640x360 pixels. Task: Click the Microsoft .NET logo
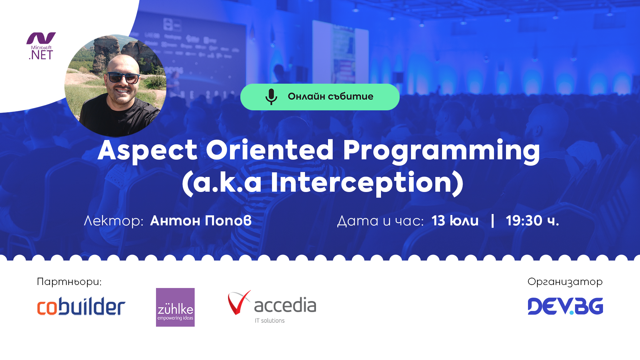[x=41, y=46]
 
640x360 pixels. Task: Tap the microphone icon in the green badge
[x=271, y=97]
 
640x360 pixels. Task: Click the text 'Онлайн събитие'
[x=330, y=97]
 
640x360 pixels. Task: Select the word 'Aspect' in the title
[x=147, y=151]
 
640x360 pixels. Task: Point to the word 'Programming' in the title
[x=441, y=151]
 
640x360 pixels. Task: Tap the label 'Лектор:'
[x=113, y=221]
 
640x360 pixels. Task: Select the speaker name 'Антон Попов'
[x=201, y=221]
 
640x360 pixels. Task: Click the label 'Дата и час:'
[x=380, y=221]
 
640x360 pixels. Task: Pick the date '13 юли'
[x=455, y=221]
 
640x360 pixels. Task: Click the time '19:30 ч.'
[x=532, y=221]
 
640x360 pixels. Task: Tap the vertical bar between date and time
[x=492, y=221]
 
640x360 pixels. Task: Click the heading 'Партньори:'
[x=69, y=282]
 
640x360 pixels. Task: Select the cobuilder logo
[x=81, y=306]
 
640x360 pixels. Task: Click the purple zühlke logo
[x=175, y=307]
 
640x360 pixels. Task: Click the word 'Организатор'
[x=565, y=282]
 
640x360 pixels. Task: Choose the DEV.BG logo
[x=565, y=306]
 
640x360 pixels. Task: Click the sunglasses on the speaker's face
[x=123, y=78]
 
